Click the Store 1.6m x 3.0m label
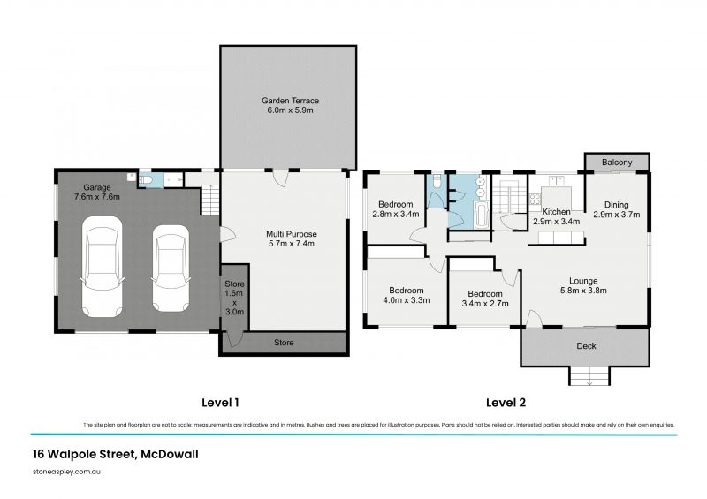pos(234,299)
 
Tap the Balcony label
pos(617,163)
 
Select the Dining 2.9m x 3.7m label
pos(616,209)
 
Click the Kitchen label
pos(556,216)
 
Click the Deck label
pos(585,346)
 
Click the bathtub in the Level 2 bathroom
pos(481,215)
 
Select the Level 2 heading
pos(506,403)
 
